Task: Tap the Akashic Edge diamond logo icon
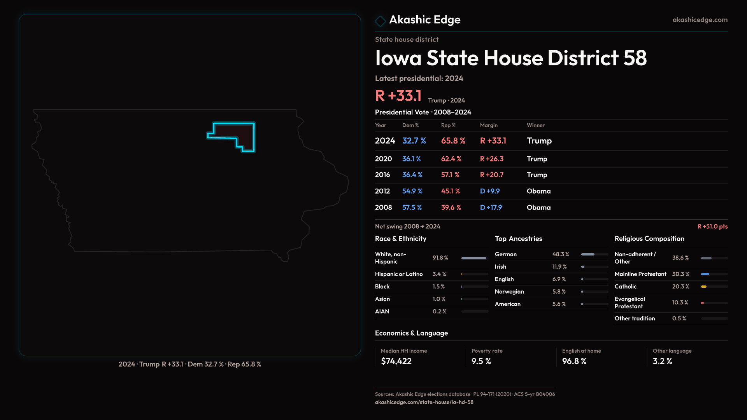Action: click(x=380, y=21)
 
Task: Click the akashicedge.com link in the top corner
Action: click(x=700, y=20)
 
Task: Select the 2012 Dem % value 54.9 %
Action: click(x=412, y=191)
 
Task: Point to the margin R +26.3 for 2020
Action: click(x=491, y=159)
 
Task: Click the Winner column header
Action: click(x=535, y=126)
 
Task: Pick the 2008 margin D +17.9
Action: click(x=491, y=208)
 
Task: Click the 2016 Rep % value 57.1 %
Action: click(x=450, y=175)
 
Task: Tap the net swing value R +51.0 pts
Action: click(x=712, y=227)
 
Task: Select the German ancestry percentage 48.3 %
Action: click(x=561, y=254)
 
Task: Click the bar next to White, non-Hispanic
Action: click(x=474, y=258)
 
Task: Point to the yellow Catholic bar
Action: click(x=704, y=287)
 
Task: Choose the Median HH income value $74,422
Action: click(x=396, y=361)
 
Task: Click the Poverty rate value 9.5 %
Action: click(x=481, y=361)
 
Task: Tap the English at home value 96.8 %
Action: click(x=574, y=361)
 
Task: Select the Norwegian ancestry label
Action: click(x=509, y=292)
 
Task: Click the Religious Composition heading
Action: click(x=649, y=239)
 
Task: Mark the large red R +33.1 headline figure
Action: click(x=398, y=96)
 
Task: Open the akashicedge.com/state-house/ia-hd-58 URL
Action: click(x=424, y=402)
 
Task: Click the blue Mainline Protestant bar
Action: click(x=705, y=274)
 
